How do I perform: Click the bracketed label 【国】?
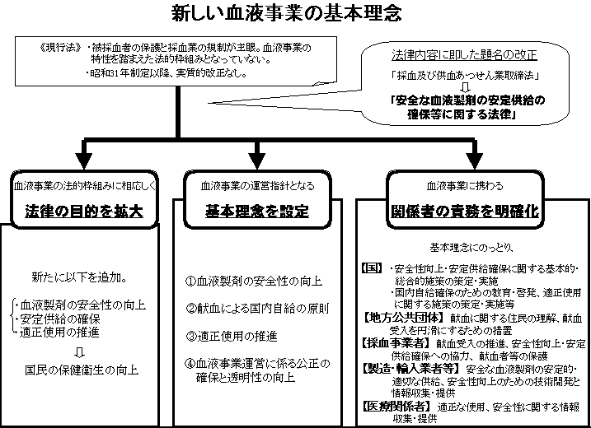pos(373,268)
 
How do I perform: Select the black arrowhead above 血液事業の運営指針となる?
pos(258,158)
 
